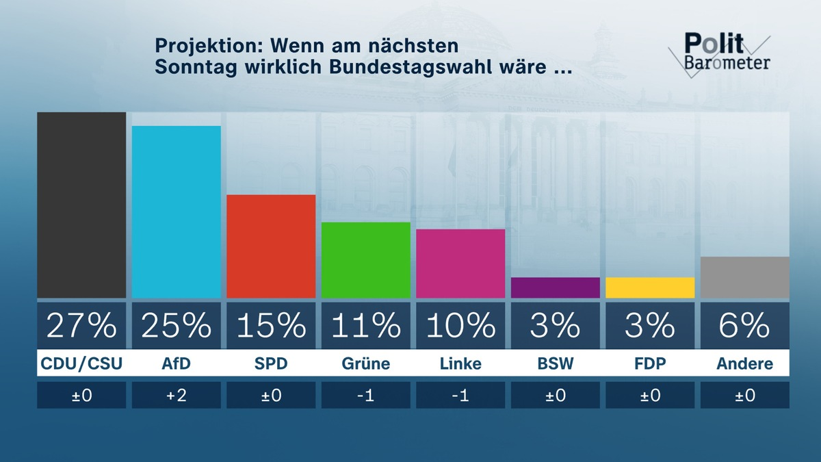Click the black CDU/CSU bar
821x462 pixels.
[81, 205]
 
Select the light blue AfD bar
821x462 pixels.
[176, 212]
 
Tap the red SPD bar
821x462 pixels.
[271, 246]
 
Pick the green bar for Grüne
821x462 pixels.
[365, 260]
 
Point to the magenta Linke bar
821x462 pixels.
[460, 264]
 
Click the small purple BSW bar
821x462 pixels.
[555, 287]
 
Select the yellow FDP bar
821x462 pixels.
[650, 287]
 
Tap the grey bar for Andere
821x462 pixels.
[745, 277]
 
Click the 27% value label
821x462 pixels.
[81, 326]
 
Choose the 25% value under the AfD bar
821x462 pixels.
[176, 326]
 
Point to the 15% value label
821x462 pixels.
[271, 326]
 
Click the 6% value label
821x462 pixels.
[745, 326]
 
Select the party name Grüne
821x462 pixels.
[365, 363]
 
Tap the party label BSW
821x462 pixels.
[555, 363]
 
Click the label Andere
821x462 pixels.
[745, 363]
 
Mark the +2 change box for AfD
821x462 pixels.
[176, 396]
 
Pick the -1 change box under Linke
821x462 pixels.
[460, 396]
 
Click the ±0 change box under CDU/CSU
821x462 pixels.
[81, 396]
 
